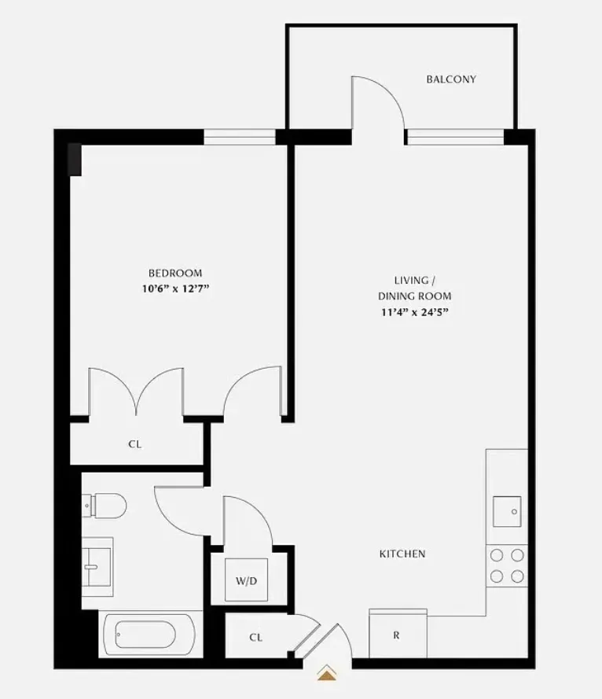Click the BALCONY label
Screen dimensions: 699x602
[451, 79]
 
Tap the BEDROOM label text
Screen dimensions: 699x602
[175, 273]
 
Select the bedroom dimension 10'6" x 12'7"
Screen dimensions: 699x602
[175, 289]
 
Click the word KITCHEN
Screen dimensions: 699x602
[402, 554]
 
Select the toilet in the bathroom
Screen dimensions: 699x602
[107, 505]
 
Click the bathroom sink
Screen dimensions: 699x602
[97, 561]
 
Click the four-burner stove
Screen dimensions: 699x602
[507, 565]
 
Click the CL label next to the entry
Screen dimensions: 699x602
[255, 638]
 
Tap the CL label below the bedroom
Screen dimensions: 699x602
[135, 444]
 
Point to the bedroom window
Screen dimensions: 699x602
[240, 138]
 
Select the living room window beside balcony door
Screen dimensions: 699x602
[455, 138]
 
